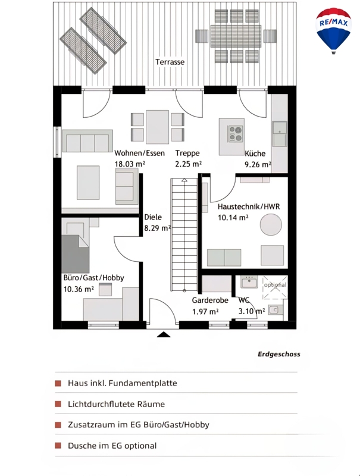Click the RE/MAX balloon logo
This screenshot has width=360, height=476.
point(334,31)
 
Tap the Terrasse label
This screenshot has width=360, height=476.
point(170,62)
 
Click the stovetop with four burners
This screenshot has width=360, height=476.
point(236,134)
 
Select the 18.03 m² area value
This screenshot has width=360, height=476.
point(130,164)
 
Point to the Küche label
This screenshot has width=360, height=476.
point(255,154)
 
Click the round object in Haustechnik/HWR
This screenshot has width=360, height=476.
point(271,225)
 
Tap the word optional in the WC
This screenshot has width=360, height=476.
point(275,285)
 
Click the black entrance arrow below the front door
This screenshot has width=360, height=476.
point(164,334)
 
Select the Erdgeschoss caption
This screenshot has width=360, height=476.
point(279,354)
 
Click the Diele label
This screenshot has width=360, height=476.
point(153,217)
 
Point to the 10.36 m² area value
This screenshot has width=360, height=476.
point(79,289)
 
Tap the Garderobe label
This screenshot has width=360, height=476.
point(210,300)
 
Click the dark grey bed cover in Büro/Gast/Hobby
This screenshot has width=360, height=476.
point(76,254)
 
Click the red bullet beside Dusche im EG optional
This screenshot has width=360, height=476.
point(58,445)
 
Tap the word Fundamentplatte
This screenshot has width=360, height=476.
point(143,383)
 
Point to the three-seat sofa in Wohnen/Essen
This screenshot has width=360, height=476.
point(87,141)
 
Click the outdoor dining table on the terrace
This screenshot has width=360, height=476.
point(236,36)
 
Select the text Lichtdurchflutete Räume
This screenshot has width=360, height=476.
point(116,404)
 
